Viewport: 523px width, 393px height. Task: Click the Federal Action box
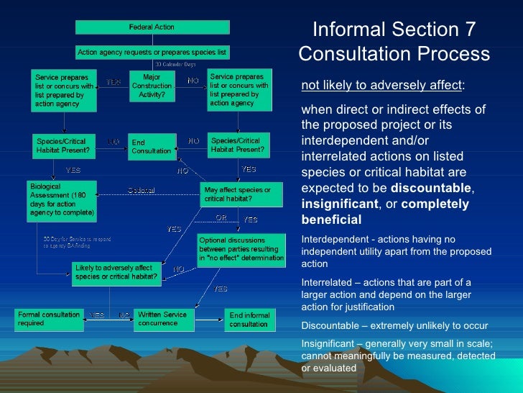pyautogui.click(x=152, y=27)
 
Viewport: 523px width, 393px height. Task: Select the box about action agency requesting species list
pyautogui.click(x=152, y=53)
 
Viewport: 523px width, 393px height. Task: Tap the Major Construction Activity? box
pyautogui.click(x=152, y=86)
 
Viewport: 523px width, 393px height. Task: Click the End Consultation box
pyautogui.click(x=151, y=147)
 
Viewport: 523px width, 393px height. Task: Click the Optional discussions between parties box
pyautogui.click(x=241, y=249)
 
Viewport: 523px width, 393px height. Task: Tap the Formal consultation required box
pyautogui.click(x=50, y=319)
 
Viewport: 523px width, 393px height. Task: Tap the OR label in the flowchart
pyautogui.click(x=222, y=217)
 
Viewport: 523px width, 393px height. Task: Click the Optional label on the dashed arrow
pyautogui.click(x=142, y=190)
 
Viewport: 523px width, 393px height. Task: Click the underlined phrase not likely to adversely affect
pyautogui.click(x=381, y=86)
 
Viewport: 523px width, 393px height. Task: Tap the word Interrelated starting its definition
pyautogui.click(x=327, y=281)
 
